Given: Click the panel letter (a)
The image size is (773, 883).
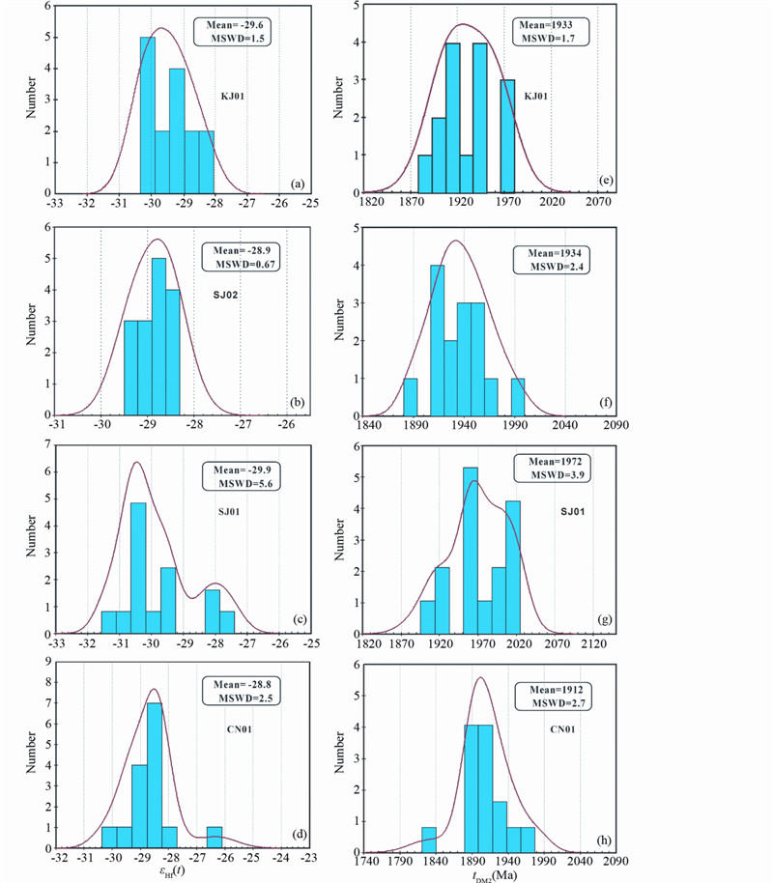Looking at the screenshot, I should (298, 184).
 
